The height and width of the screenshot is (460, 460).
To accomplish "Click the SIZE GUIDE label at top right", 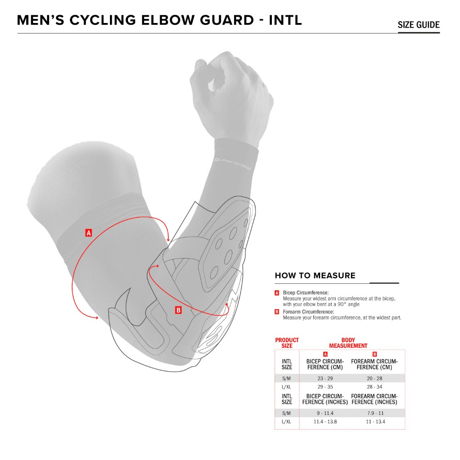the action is tap(419, 25).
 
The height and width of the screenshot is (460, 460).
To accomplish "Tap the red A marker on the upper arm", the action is tap(89, 233).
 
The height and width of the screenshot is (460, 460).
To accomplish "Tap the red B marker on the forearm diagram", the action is tap(178, 310).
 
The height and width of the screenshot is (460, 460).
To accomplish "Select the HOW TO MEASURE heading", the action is tap(315, 276).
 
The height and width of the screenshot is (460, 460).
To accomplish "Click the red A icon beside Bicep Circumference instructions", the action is tap(276, 293).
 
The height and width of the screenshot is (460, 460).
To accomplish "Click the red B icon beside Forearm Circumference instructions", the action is tap(276, 312).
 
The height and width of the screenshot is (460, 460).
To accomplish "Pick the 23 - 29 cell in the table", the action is tap(325, 379).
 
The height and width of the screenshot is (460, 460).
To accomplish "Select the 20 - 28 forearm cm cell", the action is tap(374, 379).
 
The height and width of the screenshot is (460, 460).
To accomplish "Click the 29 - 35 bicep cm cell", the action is tap(325, 387).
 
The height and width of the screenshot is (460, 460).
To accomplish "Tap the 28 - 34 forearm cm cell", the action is tap(374, 387).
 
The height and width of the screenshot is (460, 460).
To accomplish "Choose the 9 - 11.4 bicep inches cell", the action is tap(325, 413).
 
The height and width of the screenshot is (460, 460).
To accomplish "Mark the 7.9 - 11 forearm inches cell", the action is tap(375, 413).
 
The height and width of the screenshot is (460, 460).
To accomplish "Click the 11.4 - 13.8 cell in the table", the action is tap(325, 421).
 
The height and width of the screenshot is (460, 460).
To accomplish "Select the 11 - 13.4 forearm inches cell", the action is tap(375, 421).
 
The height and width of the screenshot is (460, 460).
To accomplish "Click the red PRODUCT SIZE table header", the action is tap(287, 343).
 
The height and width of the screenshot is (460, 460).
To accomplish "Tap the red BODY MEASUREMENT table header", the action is tap(348, 343).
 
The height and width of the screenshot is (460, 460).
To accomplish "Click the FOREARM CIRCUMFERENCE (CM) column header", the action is tap(374, 364).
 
